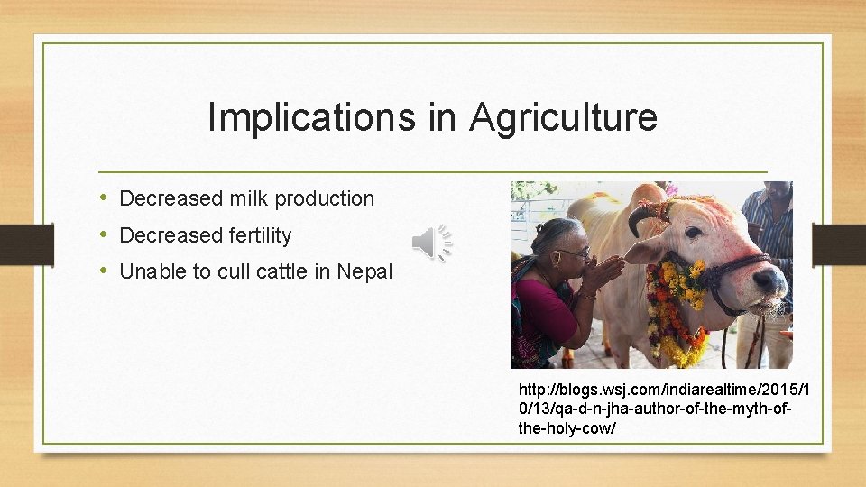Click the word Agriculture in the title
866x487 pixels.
tap(563, 118)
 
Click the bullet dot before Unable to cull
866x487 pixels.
tap(105, 271)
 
